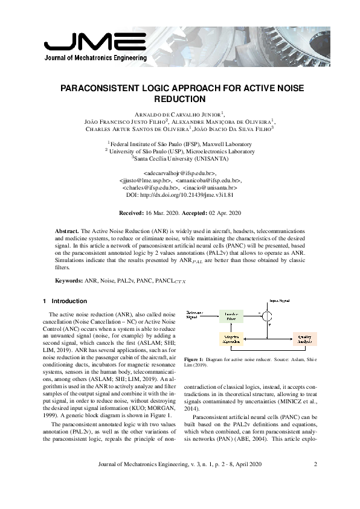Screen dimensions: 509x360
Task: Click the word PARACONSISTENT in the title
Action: tap(104, 88)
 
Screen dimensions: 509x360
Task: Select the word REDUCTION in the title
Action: tap(180, 98)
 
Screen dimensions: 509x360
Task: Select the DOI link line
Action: tap(179, 194)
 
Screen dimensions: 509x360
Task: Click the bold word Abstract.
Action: tap(66, 231)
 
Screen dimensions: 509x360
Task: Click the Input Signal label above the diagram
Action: tap(278, 300)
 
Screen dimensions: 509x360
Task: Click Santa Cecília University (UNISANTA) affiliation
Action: tap(179, 158)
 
